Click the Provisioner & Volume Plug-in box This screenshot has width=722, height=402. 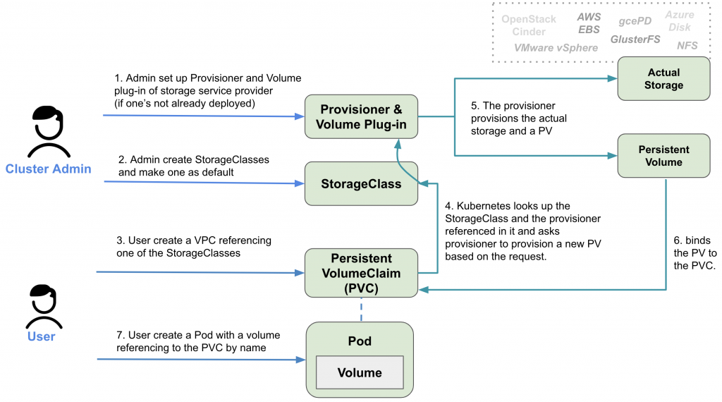point(361,117)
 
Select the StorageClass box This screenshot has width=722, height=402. point(361,184)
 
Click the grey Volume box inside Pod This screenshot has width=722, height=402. point(359,372)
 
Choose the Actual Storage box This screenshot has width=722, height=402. point(663,78)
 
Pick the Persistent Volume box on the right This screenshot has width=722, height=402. point(663,156)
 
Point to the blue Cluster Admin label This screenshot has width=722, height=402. point(48,169)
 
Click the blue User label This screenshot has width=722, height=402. point(41,336)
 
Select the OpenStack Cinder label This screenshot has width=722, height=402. point(529,25)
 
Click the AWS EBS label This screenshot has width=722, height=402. point(589,23)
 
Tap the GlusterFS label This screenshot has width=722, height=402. point(635,39)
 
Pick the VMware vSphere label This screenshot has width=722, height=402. point(556,48)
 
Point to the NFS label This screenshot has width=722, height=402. point(687,46)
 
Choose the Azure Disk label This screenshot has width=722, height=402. point(680,20)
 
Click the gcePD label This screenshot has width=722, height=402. point(635,21)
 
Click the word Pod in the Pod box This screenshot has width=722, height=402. point(359,341)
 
